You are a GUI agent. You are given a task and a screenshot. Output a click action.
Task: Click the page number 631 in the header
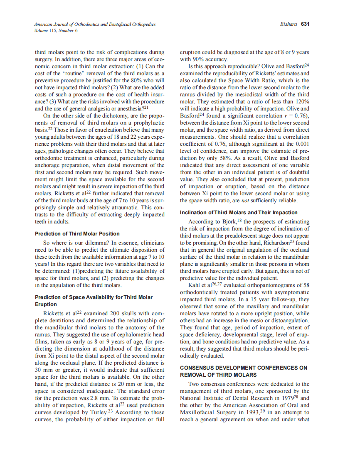coord(305,25)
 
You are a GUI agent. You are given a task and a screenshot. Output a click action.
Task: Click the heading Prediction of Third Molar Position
coord(77,234)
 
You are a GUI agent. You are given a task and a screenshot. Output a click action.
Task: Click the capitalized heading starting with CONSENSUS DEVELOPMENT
coord(244,368)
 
